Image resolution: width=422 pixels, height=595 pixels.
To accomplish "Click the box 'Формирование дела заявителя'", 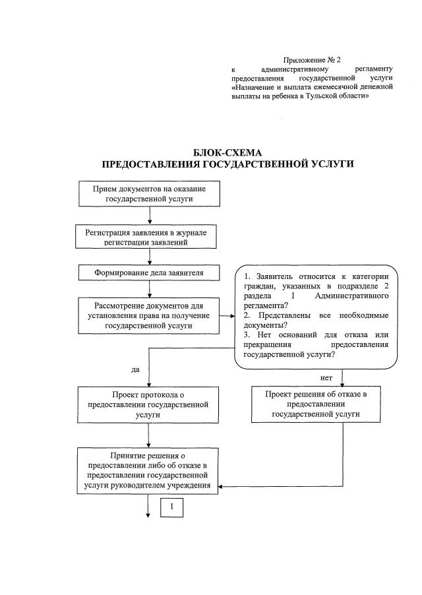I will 150,272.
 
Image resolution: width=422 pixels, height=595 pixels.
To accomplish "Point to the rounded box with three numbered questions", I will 316,315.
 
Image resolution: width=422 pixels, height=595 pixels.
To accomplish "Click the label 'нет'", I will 326,378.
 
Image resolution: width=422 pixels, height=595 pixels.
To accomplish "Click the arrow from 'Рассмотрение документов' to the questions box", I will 229,315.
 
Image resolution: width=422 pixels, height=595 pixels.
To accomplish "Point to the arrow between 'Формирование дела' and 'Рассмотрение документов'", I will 150,288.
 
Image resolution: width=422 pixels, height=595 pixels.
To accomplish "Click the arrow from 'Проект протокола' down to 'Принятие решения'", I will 150,435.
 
